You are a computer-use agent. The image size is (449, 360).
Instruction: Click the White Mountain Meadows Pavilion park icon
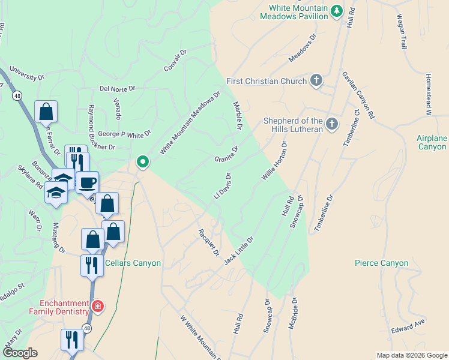point(337,10)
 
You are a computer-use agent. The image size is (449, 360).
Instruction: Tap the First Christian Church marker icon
point(317,81)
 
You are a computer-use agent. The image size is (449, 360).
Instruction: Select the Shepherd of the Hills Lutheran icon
point(332,124)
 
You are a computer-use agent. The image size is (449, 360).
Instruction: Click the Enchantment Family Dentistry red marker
point(98,307)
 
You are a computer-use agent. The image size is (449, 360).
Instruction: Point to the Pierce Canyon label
point(381,263)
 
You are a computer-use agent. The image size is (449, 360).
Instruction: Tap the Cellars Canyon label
point(133,263)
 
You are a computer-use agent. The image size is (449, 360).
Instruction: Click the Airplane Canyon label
point(432,142)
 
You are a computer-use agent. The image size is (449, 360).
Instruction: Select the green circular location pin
point(143,161)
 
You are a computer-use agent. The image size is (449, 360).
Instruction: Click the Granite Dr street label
point(227,154)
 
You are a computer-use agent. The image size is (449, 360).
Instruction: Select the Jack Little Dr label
point(239,250)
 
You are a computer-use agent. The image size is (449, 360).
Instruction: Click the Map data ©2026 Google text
point(411,355)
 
